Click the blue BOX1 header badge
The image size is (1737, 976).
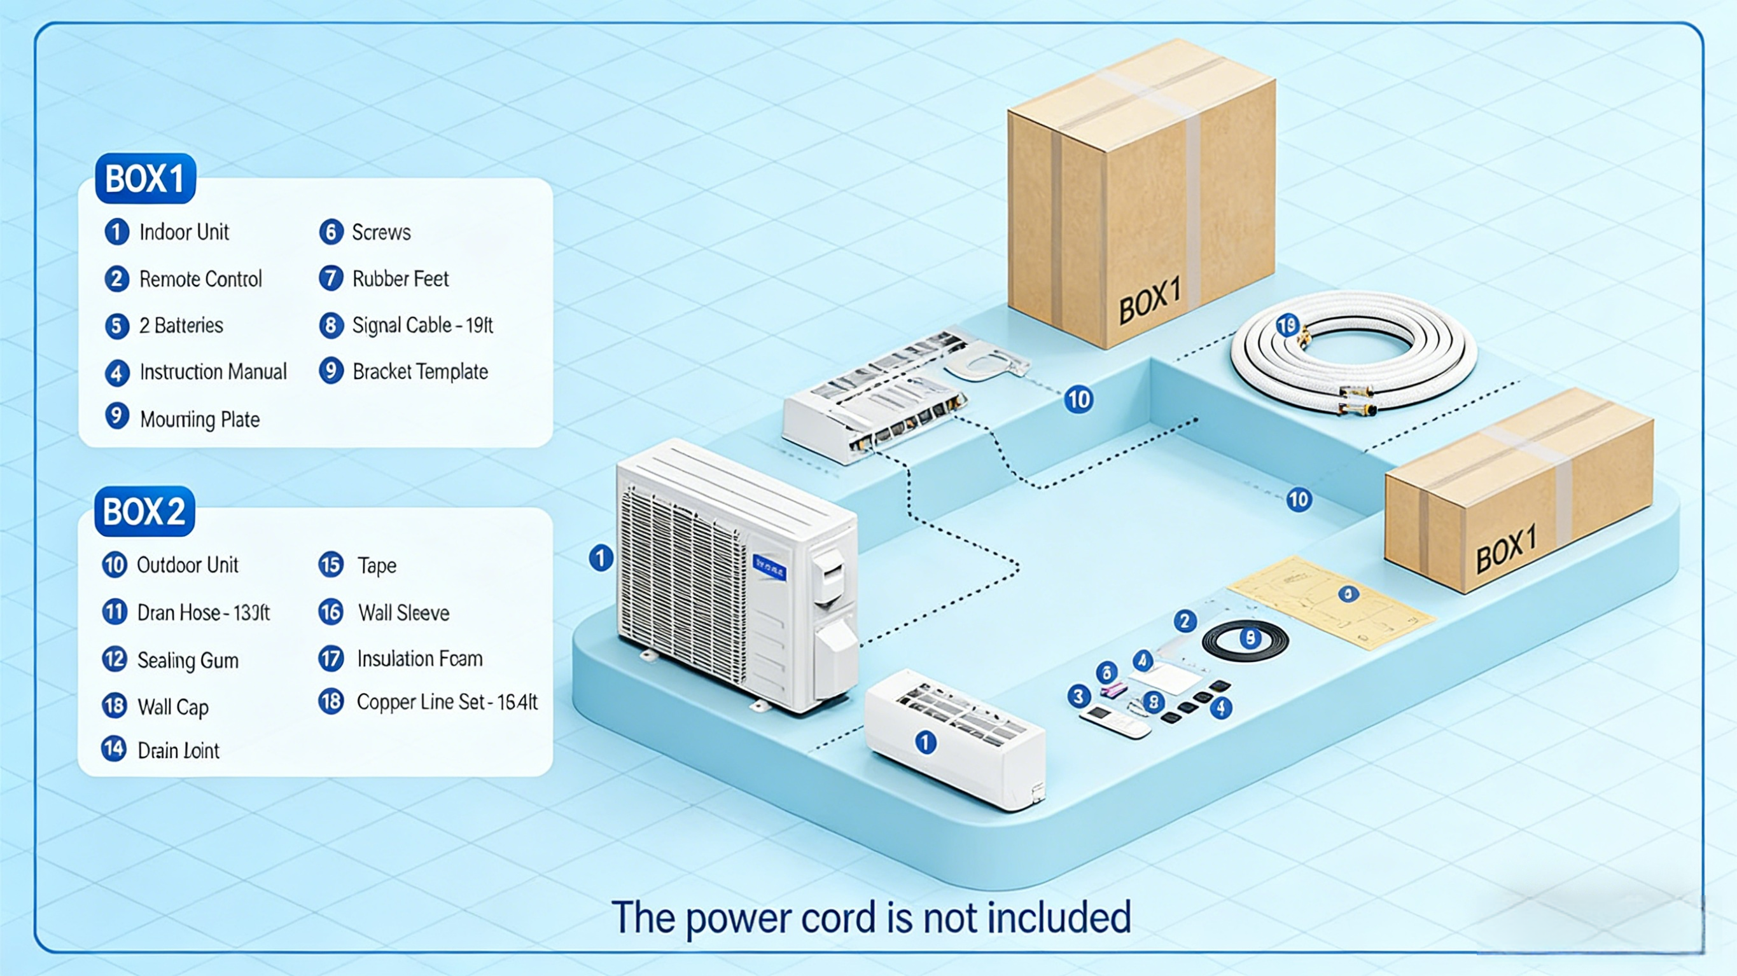point(145,179)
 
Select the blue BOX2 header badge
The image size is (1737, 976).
point(144,511)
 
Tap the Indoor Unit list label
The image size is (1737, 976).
point(184,233)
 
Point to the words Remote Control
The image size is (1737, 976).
point(200,279)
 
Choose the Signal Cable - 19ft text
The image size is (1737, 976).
point(422,326)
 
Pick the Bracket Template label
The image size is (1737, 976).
point(420,371)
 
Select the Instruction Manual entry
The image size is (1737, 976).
point(213,372)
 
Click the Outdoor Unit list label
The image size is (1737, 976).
point(188,565)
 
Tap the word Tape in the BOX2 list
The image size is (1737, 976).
point(377,565)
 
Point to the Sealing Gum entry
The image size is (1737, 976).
point(188,660)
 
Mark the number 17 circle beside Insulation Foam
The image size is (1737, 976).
point(331,659)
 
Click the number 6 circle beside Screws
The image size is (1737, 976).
point(331,232)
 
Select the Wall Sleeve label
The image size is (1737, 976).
point(404,613)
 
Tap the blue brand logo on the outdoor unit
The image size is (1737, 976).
point(769,568)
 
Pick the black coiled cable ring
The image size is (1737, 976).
point(1245,640)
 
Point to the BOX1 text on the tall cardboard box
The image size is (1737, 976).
point(1150,301)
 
